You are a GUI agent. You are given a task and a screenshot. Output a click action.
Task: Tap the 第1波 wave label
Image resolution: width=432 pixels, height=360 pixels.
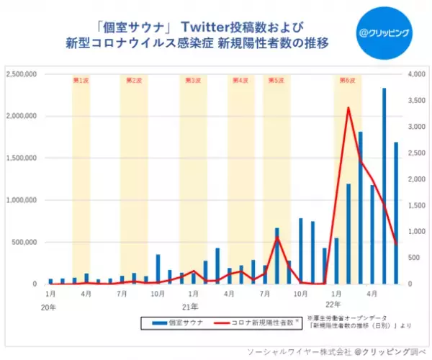[81, 80]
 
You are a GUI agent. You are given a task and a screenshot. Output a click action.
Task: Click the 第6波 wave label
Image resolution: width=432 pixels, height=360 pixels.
[348, 80]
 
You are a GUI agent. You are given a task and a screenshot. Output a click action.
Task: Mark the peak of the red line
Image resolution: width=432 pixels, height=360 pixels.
[348, 108]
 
